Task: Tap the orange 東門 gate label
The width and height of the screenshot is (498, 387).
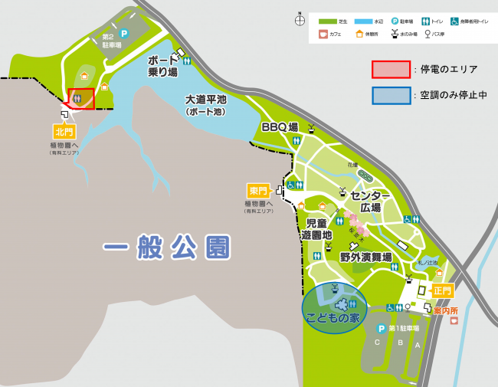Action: (x=257, y=190)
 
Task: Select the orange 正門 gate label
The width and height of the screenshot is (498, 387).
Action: (x=443, y=290)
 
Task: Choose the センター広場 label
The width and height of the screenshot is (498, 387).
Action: (x=371, y=202)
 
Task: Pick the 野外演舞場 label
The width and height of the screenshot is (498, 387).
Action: (x=366, y=258)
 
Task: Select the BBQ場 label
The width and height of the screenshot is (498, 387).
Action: (x=280, y=126)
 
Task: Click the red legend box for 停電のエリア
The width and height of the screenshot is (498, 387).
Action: (x=390, y=69)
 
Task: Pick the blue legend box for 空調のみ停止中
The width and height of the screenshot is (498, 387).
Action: (x=390, y=95)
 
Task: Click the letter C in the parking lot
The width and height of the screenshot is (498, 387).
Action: (x=376, y=343)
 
